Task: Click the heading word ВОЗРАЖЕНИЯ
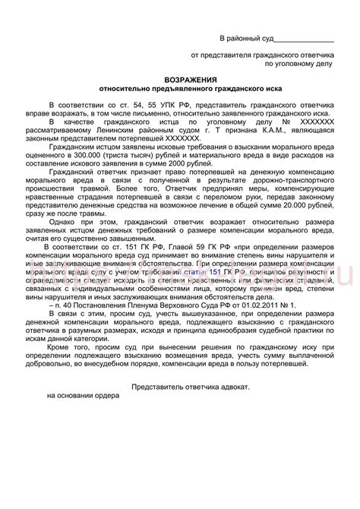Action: click(190, 79)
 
